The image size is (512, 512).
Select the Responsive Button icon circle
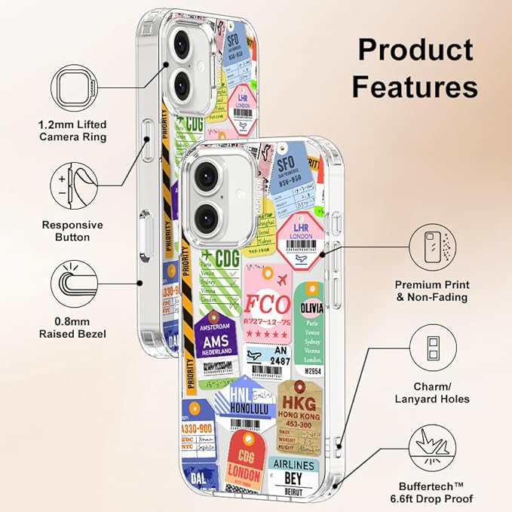(x=73, y=182)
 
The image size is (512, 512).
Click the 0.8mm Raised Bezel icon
(x=73, y=283)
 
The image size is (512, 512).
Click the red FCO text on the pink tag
(x=267, y=304)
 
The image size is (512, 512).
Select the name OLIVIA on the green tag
(x=317, y=308)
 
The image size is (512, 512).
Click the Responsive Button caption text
(x=72, y=231)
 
